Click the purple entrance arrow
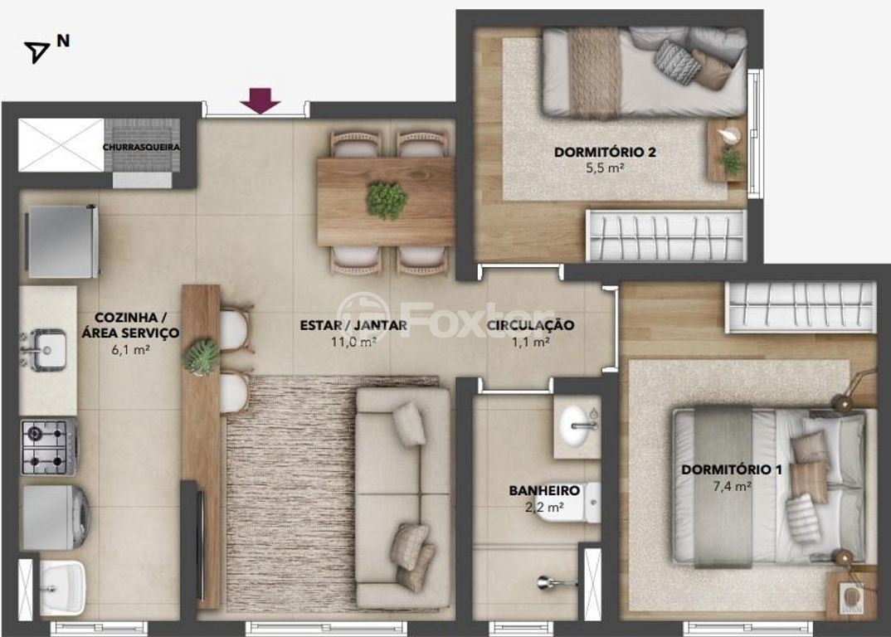[260, 100]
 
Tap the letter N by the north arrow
[63, 41]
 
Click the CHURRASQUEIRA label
[142, 147]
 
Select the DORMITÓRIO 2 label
[605, 153]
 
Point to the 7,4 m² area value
[732, 486]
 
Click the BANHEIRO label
[544, 490]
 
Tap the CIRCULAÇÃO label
[530, 325]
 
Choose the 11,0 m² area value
[353, 342]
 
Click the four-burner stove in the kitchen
[49, 446]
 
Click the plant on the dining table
[387, 200]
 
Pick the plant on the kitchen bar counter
[201, 357]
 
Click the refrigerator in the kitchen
[63, 241]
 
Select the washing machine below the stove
[56, 517]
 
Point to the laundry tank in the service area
[62, 587]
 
